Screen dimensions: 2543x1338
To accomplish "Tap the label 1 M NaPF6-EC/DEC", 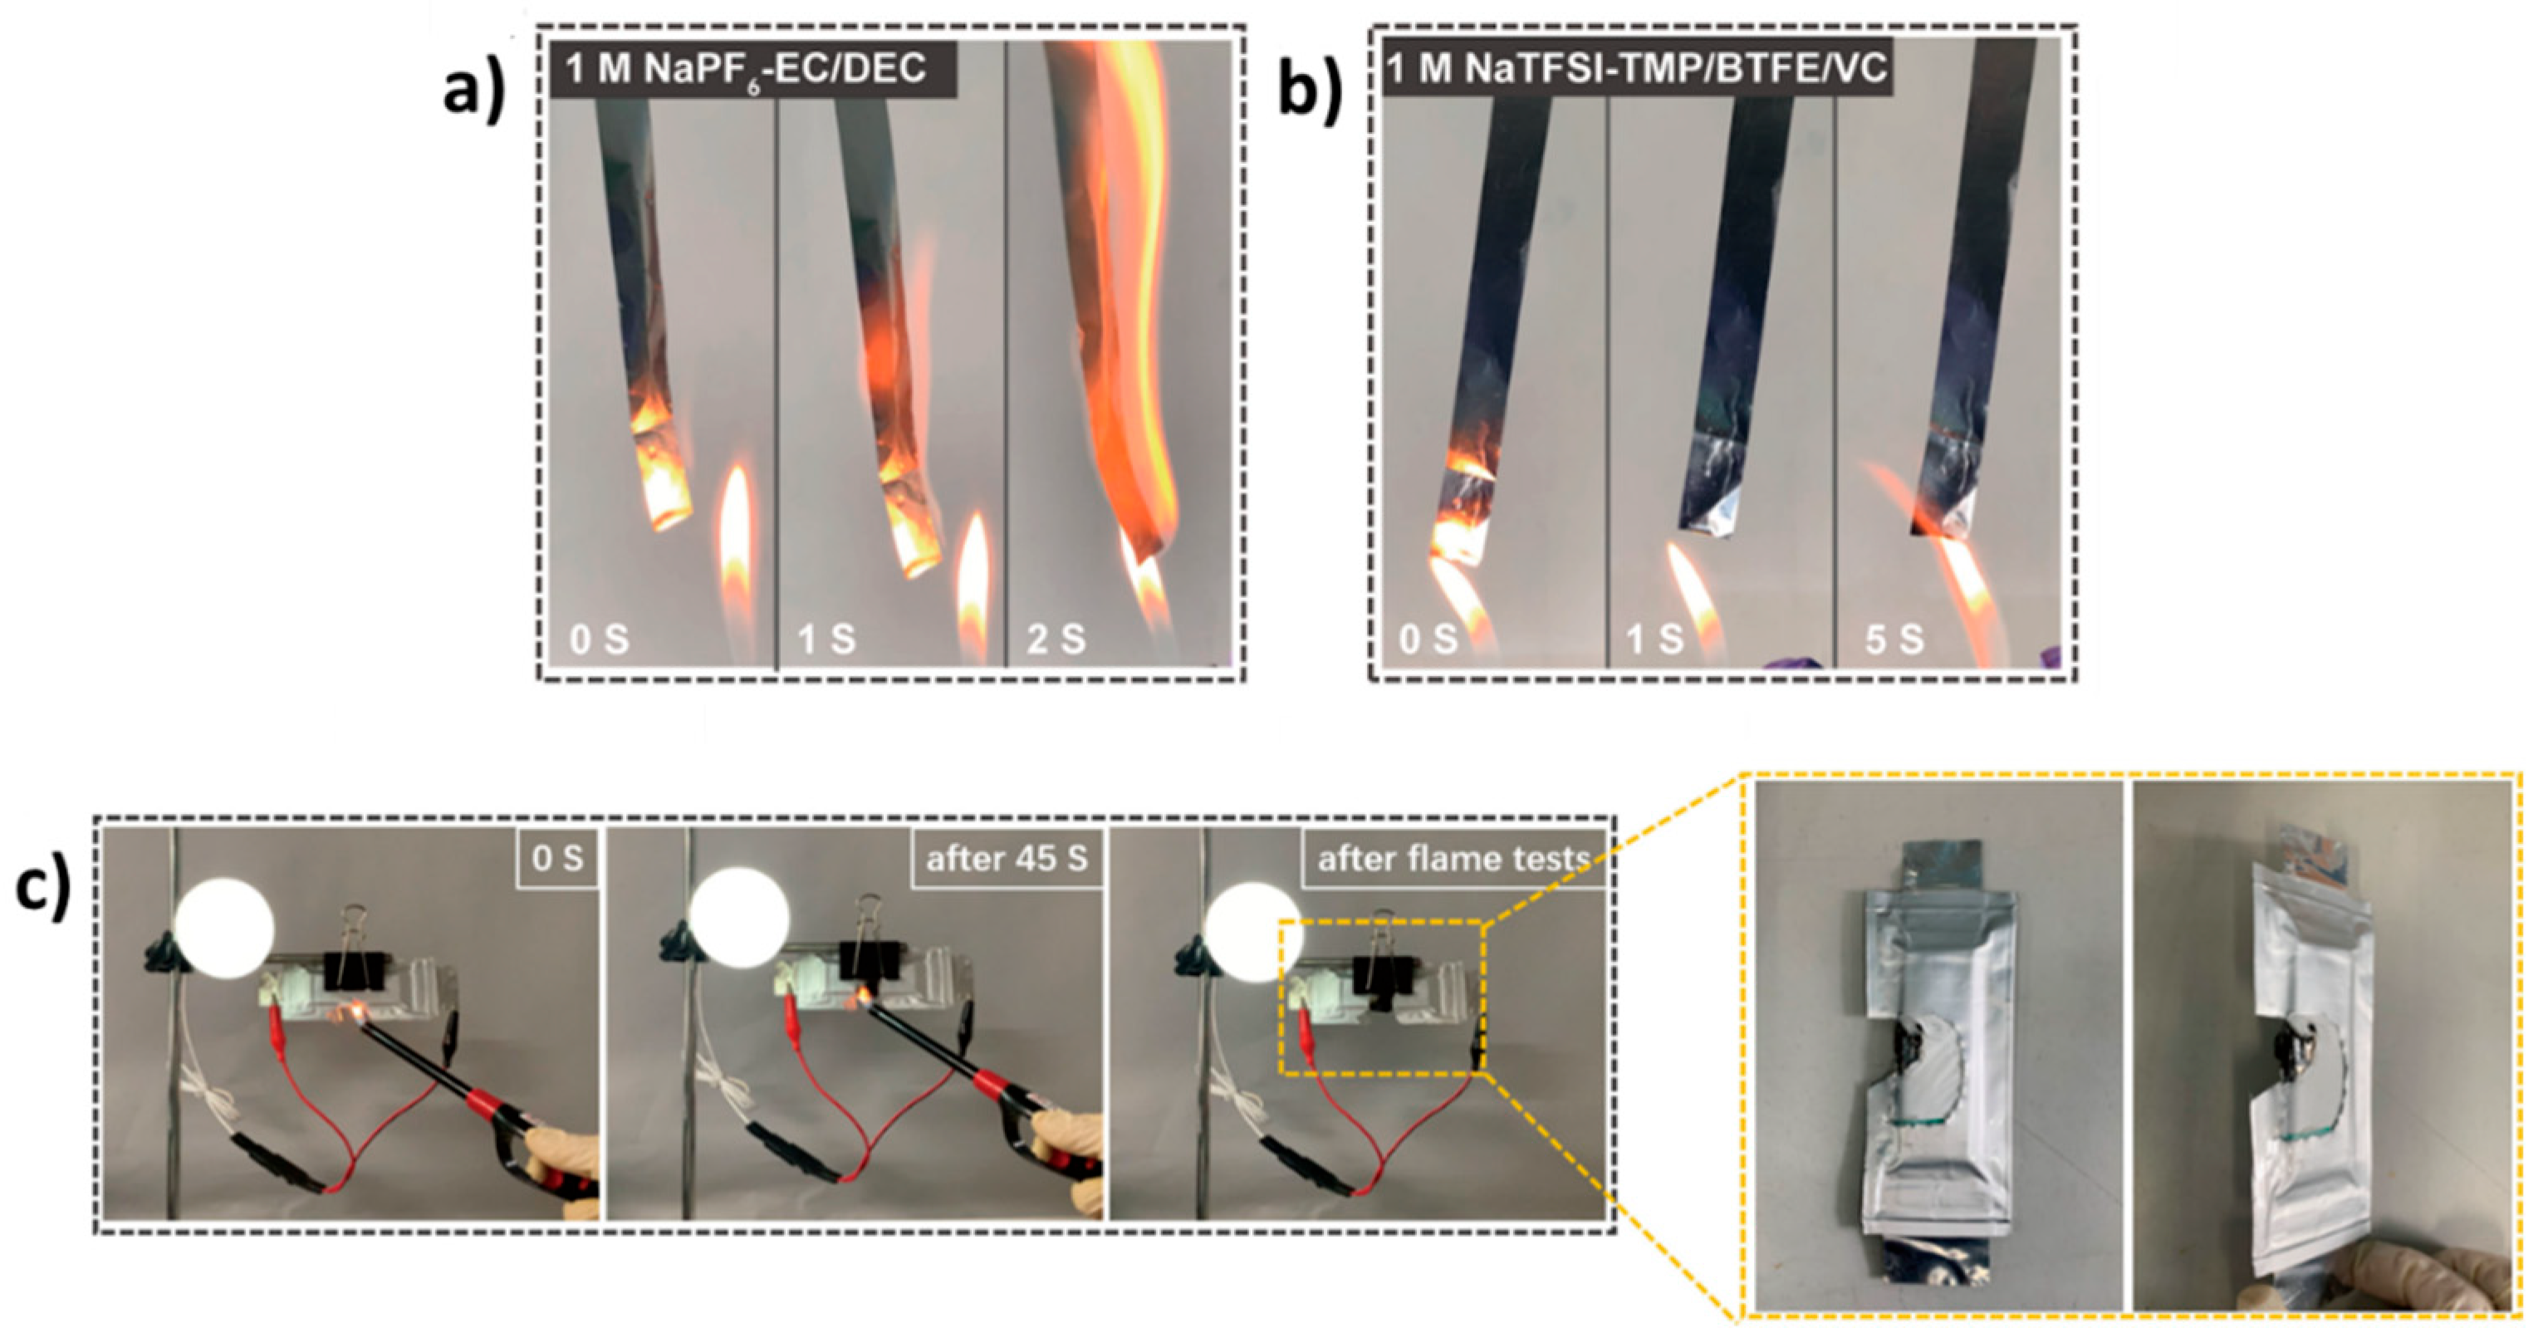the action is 747,69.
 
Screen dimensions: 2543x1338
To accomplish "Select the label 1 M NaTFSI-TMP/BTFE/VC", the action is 1636,69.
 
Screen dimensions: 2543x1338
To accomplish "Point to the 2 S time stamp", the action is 1056,640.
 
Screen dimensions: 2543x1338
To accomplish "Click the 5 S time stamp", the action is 1894,640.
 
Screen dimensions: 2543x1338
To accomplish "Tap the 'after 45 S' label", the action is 1006,858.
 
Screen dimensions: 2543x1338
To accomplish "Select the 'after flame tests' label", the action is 1454,858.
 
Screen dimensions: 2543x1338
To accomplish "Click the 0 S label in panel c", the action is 558,858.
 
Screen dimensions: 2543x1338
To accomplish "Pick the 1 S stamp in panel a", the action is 827,640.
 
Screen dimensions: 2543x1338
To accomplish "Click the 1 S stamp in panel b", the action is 1655,640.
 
